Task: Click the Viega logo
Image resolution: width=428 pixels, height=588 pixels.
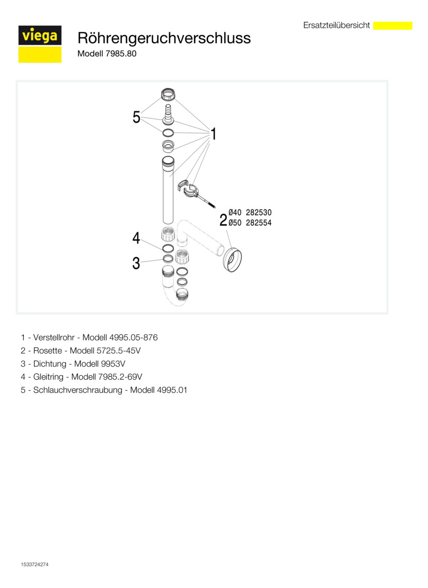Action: click(x=40, y=44)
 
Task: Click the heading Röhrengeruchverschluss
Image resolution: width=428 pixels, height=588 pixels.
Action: click(x=164, y=38)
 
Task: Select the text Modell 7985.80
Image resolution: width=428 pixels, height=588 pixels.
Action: click(x=107, y=53)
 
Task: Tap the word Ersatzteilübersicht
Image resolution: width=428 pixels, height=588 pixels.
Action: click(x=337, y=25)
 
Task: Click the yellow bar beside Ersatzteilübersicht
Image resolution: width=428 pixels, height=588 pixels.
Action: click(x=393, y=26)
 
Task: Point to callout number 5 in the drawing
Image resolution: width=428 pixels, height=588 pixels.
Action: click(x=136, y=117)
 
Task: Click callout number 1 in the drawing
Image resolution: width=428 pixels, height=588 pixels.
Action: click(x=214, y=134)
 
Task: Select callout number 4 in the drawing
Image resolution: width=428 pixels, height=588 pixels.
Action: click(x=136, y=238)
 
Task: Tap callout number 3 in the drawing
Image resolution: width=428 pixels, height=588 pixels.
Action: click(x=136, y=263)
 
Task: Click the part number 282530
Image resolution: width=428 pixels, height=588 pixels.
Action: click(x=259, y=213)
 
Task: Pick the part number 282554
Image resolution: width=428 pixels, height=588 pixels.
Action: click(x=259, y=223)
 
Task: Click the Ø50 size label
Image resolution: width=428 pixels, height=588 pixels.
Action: click(x=235, y=223)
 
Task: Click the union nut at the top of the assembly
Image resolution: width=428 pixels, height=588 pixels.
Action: click(x=168, y=94)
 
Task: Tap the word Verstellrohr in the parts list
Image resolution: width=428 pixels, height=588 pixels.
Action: click(x=54, y=337)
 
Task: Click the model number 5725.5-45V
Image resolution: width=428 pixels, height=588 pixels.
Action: click(x=119, y=350)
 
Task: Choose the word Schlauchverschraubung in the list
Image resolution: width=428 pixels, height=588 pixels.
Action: click(x=78, y=390)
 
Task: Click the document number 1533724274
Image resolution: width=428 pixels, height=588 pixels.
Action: click(x=34, y=564)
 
